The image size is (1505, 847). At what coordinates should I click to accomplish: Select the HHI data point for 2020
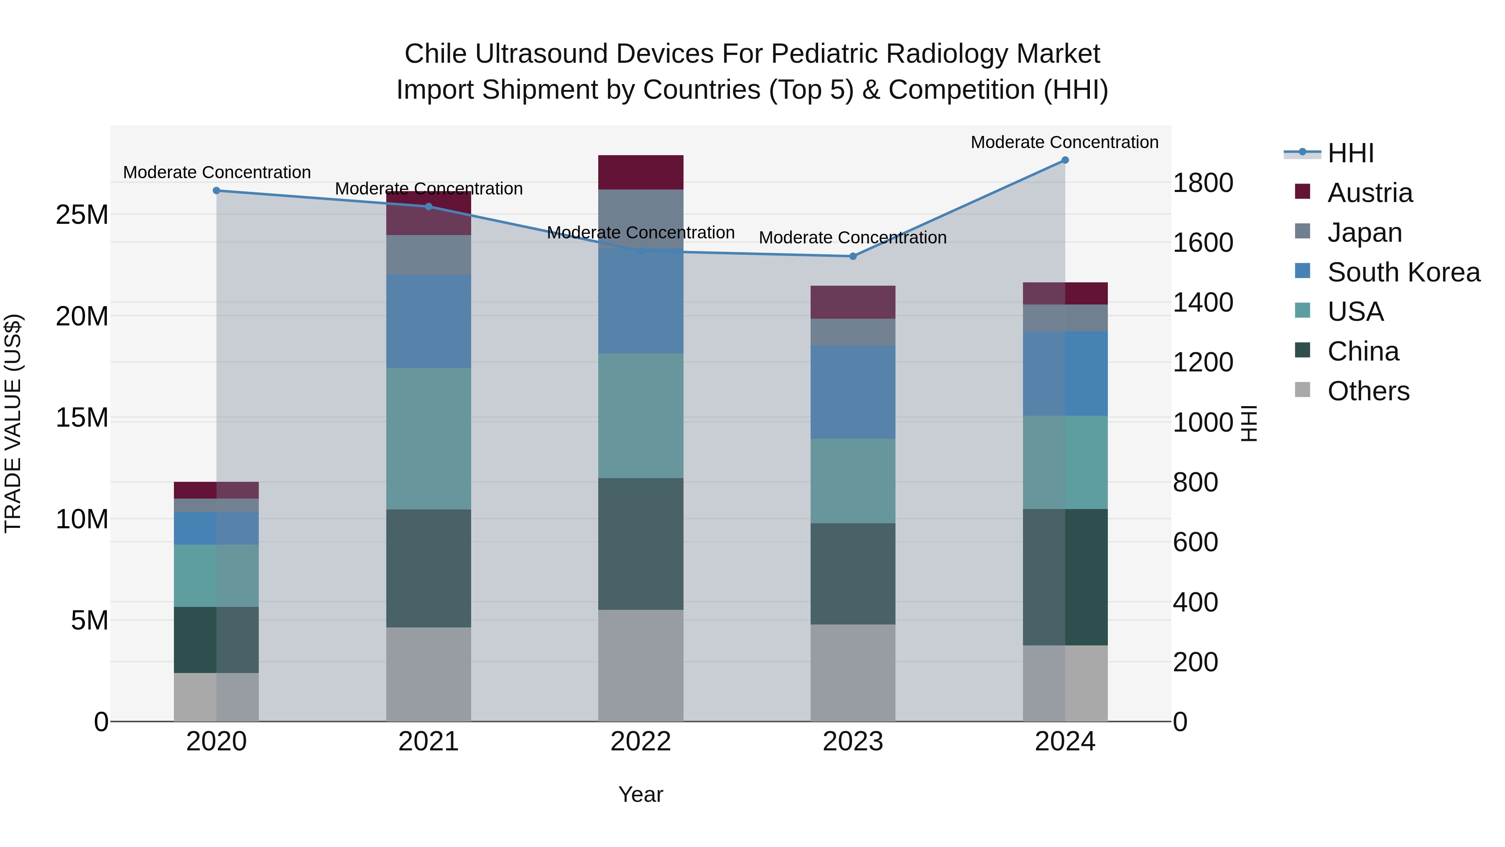(x=217, y=191)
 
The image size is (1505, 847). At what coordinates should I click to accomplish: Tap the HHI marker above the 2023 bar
(x=852, y=256)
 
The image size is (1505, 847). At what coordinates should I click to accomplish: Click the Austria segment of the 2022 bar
(x=640, y=172)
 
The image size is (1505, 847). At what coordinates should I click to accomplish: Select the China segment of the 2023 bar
(x=852, y=573)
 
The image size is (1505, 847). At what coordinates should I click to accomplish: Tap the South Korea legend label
(x=1403, y=272)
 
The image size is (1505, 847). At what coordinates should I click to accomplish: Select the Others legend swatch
(x=1302, y=390)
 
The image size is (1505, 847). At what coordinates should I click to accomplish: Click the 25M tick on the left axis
(x=82, y=215)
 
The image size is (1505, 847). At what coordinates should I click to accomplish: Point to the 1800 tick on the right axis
(x=1203, y=183)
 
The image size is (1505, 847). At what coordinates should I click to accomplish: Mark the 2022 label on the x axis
(x=640, y=742)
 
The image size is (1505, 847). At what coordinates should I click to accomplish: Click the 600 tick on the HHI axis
(x=1195, y=542)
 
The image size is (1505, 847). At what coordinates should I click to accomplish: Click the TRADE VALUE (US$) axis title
(x=13, y=423)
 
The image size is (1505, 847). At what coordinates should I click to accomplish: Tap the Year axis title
(x=640, y=794)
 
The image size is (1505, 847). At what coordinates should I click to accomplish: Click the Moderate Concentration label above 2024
(x=1064, y=142)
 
